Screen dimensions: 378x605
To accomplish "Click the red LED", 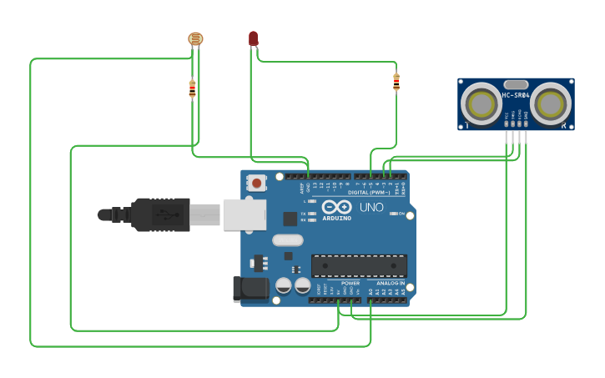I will pos(254,38).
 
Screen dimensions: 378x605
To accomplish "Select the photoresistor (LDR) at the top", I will pos(195,38).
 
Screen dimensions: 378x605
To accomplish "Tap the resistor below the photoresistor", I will pos(192,88).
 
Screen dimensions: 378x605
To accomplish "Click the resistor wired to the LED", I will pos(396,81).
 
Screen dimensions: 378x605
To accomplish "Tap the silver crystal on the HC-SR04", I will pos(516,84).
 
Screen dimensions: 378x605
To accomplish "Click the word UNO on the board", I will pos(371,207).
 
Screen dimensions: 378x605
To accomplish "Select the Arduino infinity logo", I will pos(336,206).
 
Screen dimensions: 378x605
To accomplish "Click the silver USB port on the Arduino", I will pos(245,214).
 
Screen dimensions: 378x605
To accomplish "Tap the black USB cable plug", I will pos(159,214).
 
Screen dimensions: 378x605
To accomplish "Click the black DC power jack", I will pos(251,289).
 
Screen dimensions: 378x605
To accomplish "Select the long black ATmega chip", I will pos(359,265).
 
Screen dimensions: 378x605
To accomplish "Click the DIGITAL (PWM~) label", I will pos(369,193).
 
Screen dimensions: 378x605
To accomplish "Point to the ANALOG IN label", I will pos(390,283).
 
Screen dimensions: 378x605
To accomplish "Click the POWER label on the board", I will pos(350,283).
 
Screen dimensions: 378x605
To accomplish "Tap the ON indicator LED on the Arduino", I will pos(393,213).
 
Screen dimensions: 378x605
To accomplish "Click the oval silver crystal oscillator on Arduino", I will pos(287,240).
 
